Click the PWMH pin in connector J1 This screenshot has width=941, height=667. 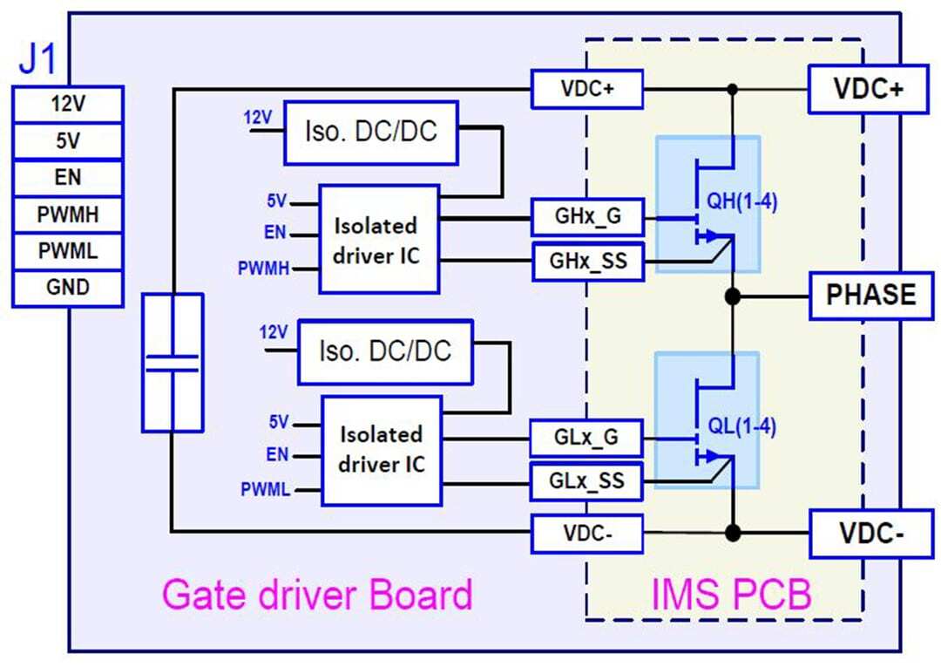(x=67, y=214)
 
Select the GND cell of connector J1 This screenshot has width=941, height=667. (x=67, y=288)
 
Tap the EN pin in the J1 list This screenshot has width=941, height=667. (x=67, y=177)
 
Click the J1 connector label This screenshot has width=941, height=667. (x=37, y=63)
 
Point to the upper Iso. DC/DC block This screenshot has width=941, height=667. (x=370, y=133)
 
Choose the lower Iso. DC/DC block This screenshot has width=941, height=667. (x=384, y=351)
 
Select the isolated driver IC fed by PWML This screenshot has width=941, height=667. (x=381, y=449)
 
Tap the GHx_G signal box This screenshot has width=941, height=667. (x=587, y=217)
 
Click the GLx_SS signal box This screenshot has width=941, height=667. (x=586, y=481)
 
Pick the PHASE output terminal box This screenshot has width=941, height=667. (x=871, y=295)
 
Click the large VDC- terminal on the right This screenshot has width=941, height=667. (x=870, y=533)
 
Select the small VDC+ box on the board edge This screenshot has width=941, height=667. (x=587, y=89)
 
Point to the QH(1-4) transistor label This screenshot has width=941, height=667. (x=742, y=202)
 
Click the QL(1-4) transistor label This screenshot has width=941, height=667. (x=742, y=426)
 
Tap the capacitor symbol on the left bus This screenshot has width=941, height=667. (x=172, y=362)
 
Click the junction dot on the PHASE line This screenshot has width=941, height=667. (x=733, y=296)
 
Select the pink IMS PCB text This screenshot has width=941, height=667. (x=732, y=595)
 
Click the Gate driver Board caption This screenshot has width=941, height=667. (x=317, y=595)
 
